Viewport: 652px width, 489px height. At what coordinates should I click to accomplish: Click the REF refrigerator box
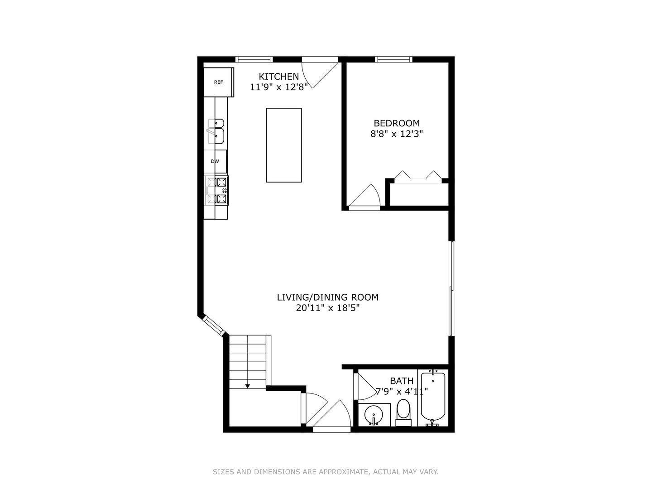218,82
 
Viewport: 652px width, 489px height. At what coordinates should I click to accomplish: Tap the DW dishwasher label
215,161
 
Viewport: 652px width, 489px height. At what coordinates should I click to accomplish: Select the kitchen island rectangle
284,145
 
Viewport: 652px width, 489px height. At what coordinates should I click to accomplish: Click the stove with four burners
216,190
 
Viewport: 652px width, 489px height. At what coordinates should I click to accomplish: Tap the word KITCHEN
278,77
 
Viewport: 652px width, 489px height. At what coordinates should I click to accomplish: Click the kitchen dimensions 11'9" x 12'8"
278,87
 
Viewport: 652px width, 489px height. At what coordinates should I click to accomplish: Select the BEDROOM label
397,123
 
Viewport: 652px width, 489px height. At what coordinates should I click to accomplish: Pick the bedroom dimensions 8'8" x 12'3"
397,134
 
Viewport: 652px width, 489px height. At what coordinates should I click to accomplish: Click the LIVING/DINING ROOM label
328,297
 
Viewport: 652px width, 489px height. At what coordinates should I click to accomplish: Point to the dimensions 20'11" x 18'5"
328,308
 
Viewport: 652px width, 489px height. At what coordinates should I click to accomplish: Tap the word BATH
402,381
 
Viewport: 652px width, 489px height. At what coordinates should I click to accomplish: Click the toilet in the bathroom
403,412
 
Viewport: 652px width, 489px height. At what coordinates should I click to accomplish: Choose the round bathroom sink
374,414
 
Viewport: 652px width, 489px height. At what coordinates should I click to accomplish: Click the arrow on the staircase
247,386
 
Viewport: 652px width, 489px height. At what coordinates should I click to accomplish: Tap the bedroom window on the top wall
393,59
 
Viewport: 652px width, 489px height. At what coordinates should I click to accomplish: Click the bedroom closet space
419,195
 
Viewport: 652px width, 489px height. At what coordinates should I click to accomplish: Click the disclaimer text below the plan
326,471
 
